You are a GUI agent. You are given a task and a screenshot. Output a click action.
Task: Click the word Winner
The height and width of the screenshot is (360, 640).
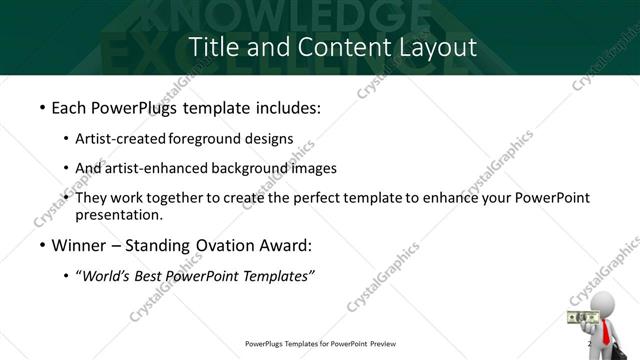[x=82, y=245]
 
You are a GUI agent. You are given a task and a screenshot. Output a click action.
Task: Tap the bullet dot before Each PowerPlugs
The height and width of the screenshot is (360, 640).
[x=41, y=108]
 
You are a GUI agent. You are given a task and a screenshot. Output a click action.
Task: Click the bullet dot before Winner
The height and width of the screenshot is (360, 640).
[x=41, y=246]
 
